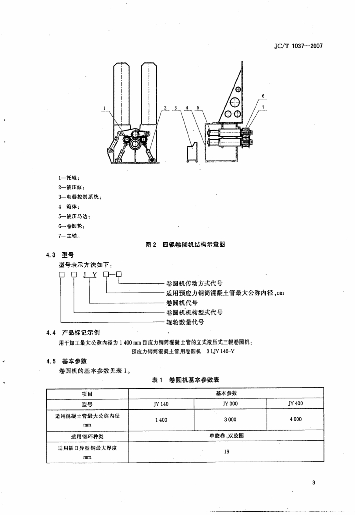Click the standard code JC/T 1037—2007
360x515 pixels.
298,46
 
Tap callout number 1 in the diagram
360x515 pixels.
104,108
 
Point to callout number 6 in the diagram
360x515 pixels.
263,96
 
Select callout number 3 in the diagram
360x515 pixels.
176,108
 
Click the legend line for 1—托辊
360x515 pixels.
69,178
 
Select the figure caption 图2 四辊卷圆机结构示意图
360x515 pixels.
185,245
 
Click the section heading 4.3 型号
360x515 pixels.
60,255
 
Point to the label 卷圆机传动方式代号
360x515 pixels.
195,283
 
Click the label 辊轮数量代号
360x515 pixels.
185,322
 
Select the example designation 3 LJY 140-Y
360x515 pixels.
220,351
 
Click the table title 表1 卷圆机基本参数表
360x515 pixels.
185,380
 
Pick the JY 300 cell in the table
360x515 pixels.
230,404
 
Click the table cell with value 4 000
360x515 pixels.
296,419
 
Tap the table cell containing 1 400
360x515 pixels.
161,420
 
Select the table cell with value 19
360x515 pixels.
227,452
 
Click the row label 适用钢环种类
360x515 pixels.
87,437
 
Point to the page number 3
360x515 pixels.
314,482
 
